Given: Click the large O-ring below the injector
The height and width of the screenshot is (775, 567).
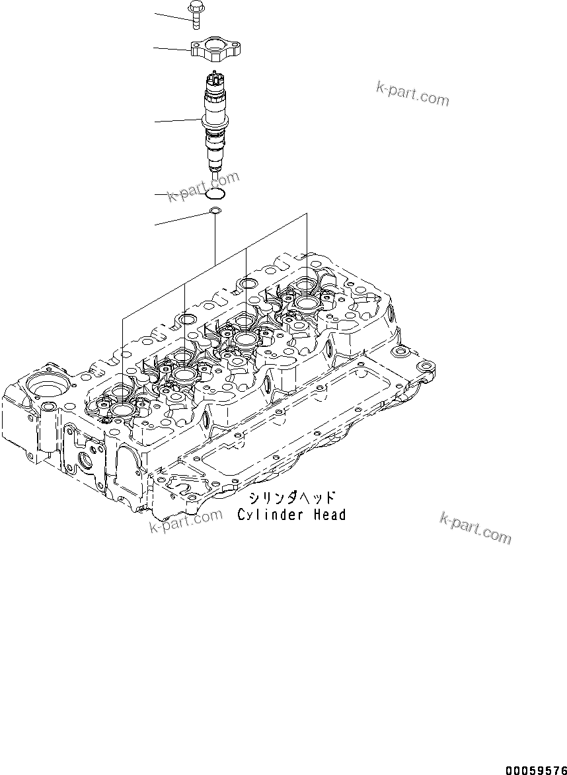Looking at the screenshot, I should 216,194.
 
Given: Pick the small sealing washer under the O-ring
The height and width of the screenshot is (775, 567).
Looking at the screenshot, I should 215,211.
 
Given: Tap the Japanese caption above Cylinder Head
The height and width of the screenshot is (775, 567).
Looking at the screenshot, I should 291,497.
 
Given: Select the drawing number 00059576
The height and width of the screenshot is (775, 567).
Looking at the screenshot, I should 535,770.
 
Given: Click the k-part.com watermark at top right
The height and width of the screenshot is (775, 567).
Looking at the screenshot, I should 412,94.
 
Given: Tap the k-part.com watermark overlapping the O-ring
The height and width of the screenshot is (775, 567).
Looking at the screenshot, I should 202,187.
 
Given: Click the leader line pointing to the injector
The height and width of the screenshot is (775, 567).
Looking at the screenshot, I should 177,120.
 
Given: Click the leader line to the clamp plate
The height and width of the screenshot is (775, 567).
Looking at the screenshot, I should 172,48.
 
